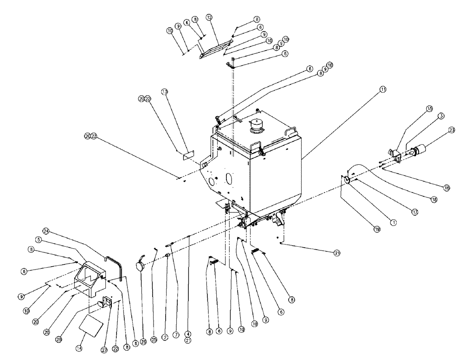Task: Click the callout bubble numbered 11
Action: (383, 89)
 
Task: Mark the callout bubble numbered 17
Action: (414, 212)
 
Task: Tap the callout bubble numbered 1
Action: (393, 222)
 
